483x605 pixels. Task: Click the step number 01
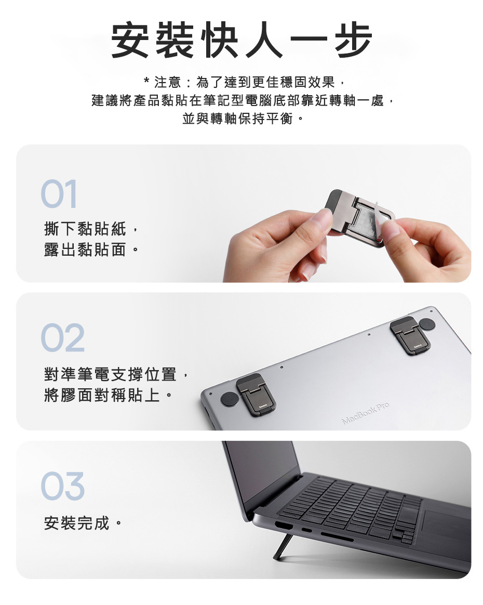(59, 194)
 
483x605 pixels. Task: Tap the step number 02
(62, 338)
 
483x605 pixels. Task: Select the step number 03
(62, 486)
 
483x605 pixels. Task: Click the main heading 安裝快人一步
(242, 40)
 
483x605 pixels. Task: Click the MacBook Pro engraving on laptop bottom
(366, 413)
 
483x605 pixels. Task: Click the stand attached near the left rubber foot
(256, 394)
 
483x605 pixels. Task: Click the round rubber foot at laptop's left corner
(230, 399)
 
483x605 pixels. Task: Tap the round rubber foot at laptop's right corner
(427, 324)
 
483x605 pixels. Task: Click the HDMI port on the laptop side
(284, 525)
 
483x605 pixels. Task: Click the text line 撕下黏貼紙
(85, 229)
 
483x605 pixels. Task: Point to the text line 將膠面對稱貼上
(102, 395)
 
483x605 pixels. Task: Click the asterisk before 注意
(146, 81)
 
